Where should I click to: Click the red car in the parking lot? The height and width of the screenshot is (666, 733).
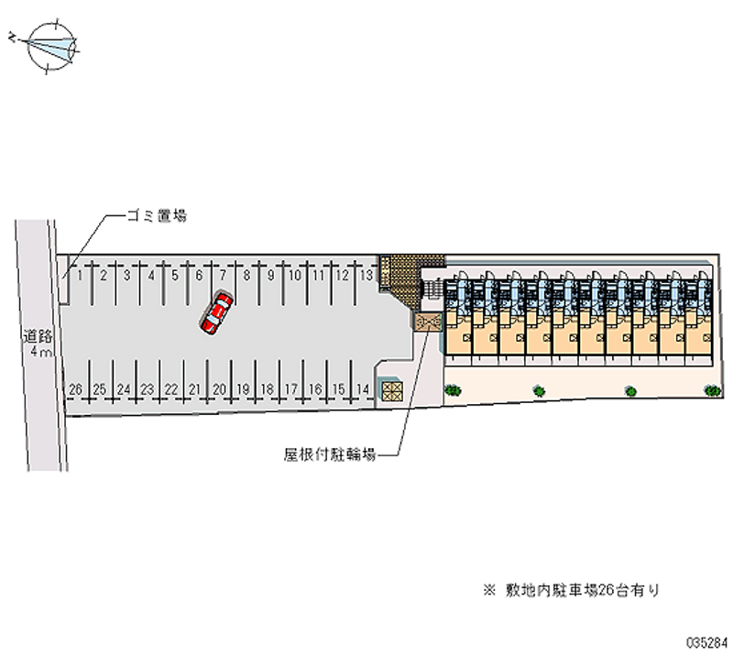217,312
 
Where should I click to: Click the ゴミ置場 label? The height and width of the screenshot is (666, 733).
158,217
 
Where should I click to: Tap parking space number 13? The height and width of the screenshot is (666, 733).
364,274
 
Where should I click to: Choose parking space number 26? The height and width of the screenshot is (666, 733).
76,389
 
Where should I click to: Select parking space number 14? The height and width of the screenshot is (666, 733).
363,389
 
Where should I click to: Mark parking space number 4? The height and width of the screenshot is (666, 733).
151,274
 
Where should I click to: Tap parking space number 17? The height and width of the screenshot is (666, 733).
290,389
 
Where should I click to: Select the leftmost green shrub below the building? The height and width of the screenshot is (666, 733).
453,390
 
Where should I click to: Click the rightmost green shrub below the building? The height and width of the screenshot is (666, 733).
712,390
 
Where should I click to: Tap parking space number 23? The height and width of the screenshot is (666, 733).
147,389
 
